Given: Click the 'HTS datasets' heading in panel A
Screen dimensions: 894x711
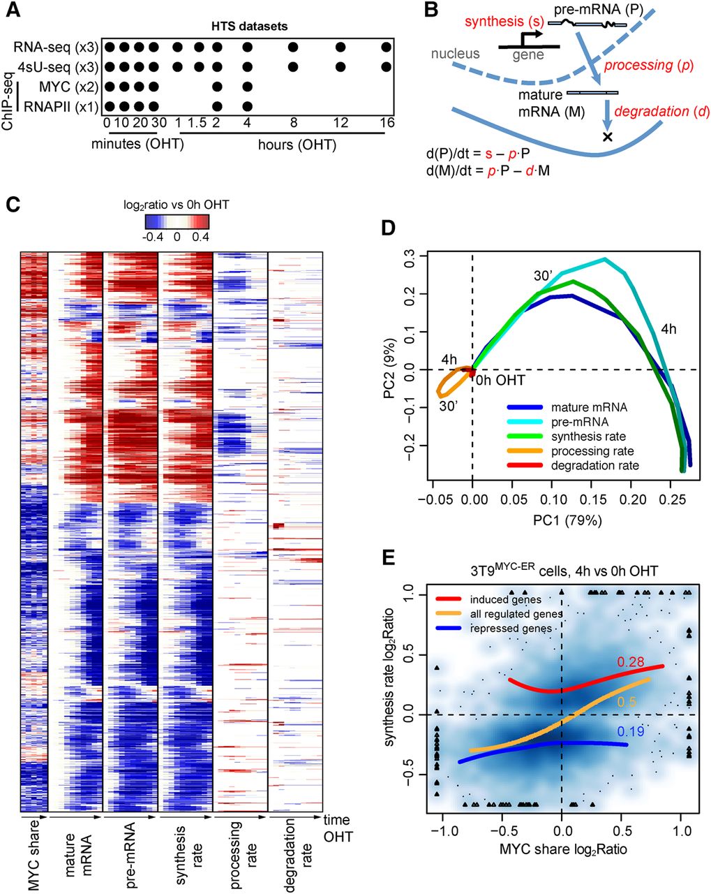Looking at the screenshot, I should coord(249,27).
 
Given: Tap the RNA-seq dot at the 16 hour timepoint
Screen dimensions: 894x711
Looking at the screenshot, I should coord(387,47).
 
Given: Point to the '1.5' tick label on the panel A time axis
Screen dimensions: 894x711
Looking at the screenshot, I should coord(199,123).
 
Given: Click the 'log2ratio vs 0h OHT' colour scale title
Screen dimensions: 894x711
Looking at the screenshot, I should coord(177,205).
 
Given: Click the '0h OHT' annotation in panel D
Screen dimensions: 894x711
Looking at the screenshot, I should coord(500,379).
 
